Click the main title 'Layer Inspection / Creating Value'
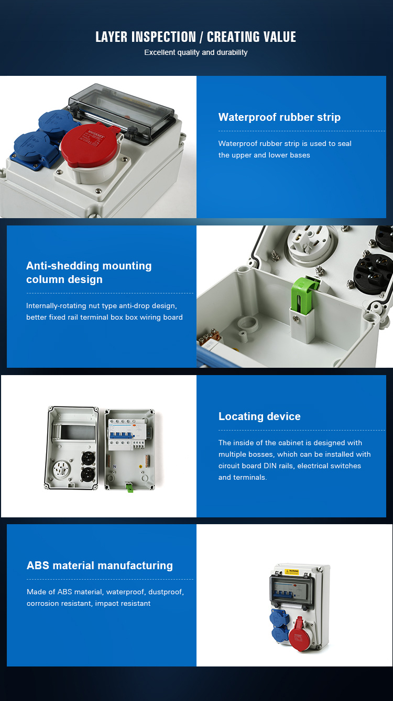(x=195, y=37)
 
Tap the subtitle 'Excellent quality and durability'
(x=196, y=52)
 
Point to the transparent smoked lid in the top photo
(x=121, y=110)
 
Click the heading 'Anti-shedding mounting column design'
(x=89, y=272)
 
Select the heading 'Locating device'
(x=259, y=416)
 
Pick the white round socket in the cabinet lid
(x=61, y=469)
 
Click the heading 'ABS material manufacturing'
(x=100, y=565)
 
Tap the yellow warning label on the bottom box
(x=291, y=572)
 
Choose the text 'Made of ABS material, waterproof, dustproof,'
(x=105, y=592)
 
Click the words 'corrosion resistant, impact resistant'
(x=89, y=603)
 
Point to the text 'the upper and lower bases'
(x=264, y=155)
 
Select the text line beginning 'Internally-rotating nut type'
(x=102, y=306)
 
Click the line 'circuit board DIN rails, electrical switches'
(x=290, y=466)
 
